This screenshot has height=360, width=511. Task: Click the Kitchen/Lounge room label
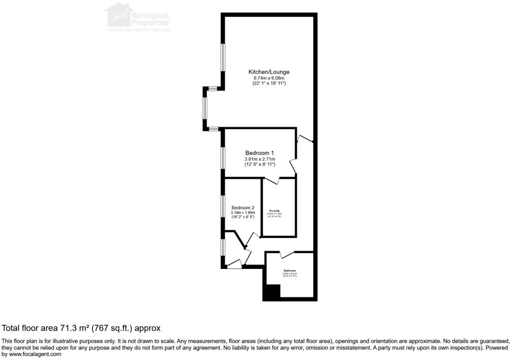(x=269, y=72)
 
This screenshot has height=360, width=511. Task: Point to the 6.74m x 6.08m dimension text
(x=269, y=78)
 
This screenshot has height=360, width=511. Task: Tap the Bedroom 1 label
(x=260, y=153)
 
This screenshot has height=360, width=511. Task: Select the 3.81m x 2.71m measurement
(x=260, y=159)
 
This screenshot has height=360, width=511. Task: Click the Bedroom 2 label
(x=242, y=207)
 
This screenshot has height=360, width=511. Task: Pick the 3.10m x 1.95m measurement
(x=242, y=212)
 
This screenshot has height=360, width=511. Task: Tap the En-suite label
(x=274, y=210)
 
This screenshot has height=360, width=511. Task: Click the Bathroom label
(x=290, y=271)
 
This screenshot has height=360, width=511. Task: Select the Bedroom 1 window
(x=223, y=158)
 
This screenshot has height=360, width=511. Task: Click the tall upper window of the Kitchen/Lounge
(x=223, y=58)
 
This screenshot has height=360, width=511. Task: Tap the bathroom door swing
(x=286, y=255)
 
